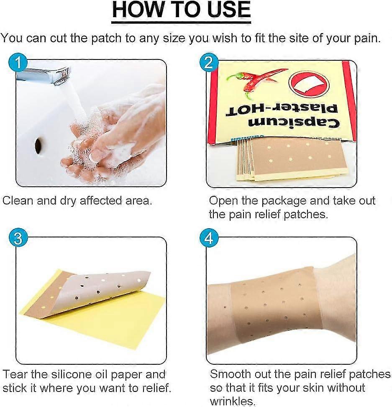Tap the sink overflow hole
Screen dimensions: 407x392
pos(38,145)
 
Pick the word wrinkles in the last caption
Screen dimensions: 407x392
pos(232,401)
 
